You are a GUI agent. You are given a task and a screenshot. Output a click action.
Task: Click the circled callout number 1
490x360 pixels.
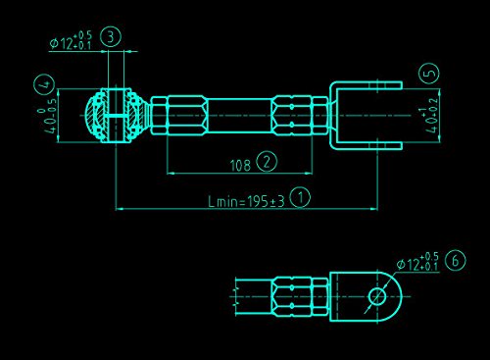point(300,197)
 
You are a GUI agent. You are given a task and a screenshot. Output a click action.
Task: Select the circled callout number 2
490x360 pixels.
point(267,161)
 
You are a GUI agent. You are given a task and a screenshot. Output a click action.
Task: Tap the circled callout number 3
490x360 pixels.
point(111,36)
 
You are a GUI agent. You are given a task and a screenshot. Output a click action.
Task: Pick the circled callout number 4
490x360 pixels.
point(44,84)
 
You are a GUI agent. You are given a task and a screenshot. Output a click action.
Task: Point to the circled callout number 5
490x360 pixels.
point(429,73)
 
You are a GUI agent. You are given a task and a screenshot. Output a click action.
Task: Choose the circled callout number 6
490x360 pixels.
point(456,260)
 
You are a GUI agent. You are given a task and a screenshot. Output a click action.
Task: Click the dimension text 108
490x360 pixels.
point(240,166)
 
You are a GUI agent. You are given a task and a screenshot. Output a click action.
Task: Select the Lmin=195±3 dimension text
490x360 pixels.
point(246,201)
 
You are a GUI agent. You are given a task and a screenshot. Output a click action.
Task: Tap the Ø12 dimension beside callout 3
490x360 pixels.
point(71,41)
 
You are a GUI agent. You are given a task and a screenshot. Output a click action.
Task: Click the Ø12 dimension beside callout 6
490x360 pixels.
point(417,262)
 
